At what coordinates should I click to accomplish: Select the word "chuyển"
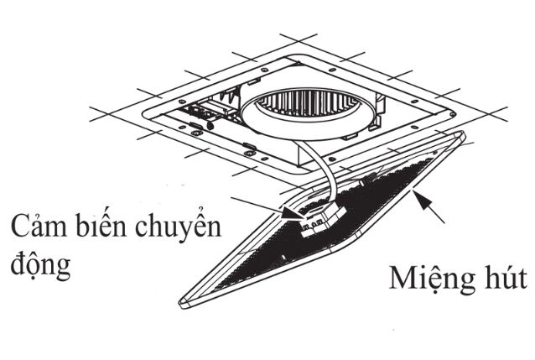[178, 226]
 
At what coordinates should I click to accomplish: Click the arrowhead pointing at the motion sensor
[292, 214]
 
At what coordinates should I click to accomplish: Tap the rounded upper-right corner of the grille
[461, 136]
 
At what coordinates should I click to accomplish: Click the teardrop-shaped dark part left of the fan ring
[210, 125]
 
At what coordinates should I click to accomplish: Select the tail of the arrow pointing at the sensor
[232, 198]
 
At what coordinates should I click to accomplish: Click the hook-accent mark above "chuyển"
[201, 209]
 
